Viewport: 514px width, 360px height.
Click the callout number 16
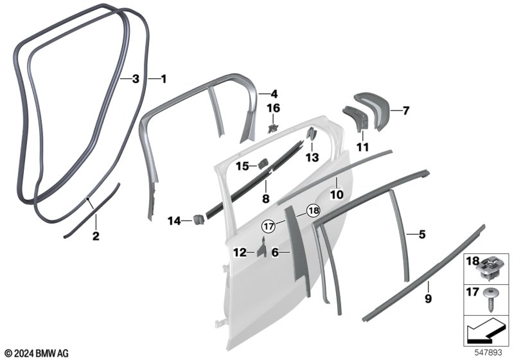[274, 108]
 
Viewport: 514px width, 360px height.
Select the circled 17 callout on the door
[269, 226]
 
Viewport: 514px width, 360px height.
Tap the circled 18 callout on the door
[314, 210]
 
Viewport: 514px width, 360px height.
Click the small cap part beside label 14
[199, 219]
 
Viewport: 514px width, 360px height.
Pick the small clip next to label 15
[263, 164]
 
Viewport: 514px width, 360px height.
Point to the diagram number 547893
[488, 353]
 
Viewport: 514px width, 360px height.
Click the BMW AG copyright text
[37, 354]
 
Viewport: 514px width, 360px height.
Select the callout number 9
[428, 298]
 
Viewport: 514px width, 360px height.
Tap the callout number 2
[96, 236]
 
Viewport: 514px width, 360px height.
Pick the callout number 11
[362, 147]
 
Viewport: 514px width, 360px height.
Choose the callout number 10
[337, 194]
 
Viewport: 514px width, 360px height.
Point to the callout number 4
[274, 94]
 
